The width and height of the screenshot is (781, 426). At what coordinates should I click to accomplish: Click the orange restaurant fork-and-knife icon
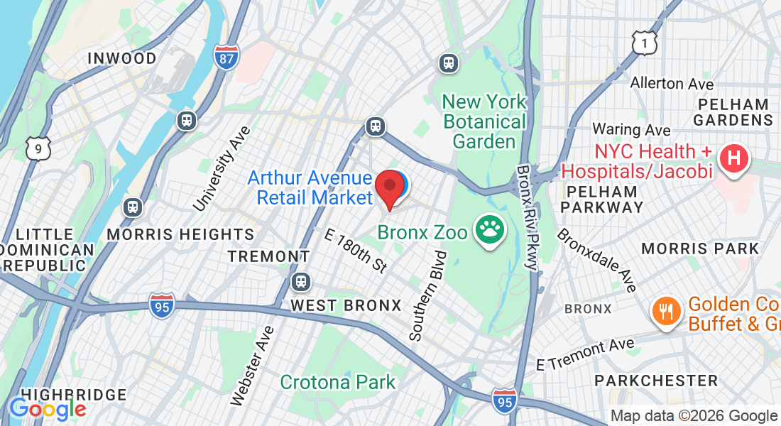665,313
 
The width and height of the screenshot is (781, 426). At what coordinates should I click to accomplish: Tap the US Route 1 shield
643,44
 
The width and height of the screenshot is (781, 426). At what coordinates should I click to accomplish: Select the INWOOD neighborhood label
121,59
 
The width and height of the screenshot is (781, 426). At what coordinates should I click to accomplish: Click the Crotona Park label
337,382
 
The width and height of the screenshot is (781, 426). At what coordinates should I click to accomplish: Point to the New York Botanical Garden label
484,121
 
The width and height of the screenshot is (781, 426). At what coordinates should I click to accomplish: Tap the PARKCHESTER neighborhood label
656,381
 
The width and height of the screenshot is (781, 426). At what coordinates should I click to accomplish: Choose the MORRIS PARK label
700,248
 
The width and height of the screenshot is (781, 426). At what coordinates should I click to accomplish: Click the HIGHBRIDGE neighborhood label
74,395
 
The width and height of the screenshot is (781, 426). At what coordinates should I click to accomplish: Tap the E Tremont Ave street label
585,354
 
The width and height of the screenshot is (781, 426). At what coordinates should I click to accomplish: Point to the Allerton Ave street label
672,84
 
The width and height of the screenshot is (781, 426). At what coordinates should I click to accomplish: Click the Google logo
47,410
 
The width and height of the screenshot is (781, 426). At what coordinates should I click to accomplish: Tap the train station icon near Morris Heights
132,207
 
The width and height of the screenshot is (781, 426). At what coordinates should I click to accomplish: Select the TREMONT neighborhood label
268,256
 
